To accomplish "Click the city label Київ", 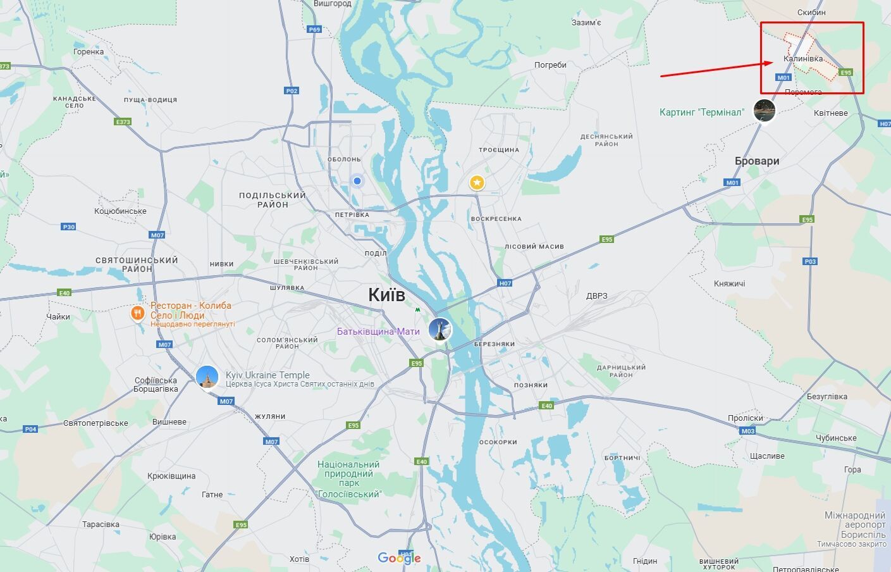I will pos(386,295).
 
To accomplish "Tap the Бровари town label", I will pos(757,161).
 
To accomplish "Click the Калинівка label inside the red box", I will pos(803,58).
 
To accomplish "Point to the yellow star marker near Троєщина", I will pos(477,183).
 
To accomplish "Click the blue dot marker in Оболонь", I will pos(357,181).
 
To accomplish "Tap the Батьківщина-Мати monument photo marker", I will pos(439,330).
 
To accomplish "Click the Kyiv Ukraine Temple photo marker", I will pos(207,376).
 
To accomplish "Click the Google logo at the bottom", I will pos(398,557).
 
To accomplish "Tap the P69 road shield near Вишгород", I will pos(314,29).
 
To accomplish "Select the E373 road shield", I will pos(123,121).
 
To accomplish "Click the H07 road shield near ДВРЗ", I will pos(505,283).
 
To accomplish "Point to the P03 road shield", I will pos(810,261).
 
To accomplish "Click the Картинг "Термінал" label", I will pos(702,112).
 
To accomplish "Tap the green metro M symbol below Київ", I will pos(417,310).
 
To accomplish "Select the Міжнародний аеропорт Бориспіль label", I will pos(854,525).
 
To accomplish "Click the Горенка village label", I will pos(88,52).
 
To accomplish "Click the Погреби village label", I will pos(550,65).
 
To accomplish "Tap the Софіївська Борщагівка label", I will pos(156,385).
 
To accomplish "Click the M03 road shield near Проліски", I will pos(748,431).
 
